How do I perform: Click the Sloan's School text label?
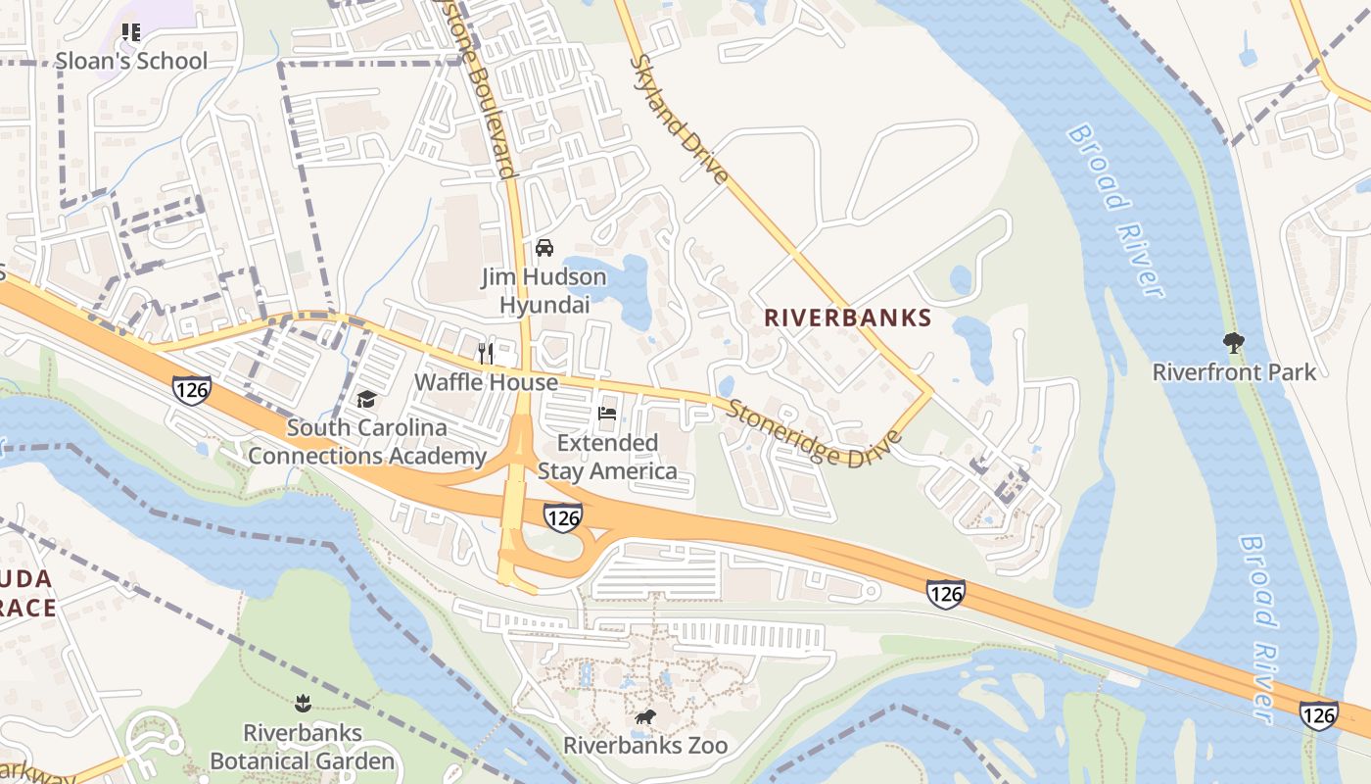(x=131, y=61)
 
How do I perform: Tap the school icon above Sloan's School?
(x=131, y=32)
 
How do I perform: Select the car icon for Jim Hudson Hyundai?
(x=544, y=248)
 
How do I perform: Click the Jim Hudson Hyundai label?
(x=544, y=291)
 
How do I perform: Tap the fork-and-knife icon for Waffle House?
(x=486, y=353)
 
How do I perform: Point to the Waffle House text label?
(x=486, y=382)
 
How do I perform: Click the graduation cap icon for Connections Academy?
(x=366, y=399)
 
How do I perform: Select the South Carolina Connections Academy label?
(x=366, y=442)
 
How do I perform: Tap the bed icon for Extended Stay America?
(x=607, y=414)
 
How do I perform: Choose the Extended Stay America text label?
(x=607, y=457)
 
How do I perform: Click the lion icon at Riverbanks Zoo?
(x=645, y=718)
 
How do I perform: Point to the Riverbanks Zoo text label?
(x=645, y=746)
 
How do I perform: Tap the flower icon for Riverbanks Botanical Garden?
(x=303, y=704)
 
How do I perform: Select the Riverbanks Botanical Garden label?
(x=303, y=747)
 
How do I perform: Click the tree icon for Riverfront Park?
(x=1234, y=343)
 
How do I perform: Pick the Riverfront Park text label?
(x=1234, y=372)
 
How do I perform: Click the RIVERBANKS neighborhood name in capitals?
(x=847, y=318)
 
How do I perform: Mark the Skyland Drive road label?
(x=679, y=120)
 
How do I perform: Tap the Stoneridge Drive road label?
(x=813, y=434)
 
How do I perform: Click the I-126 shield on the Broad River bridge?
(x=1318, y=715)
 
